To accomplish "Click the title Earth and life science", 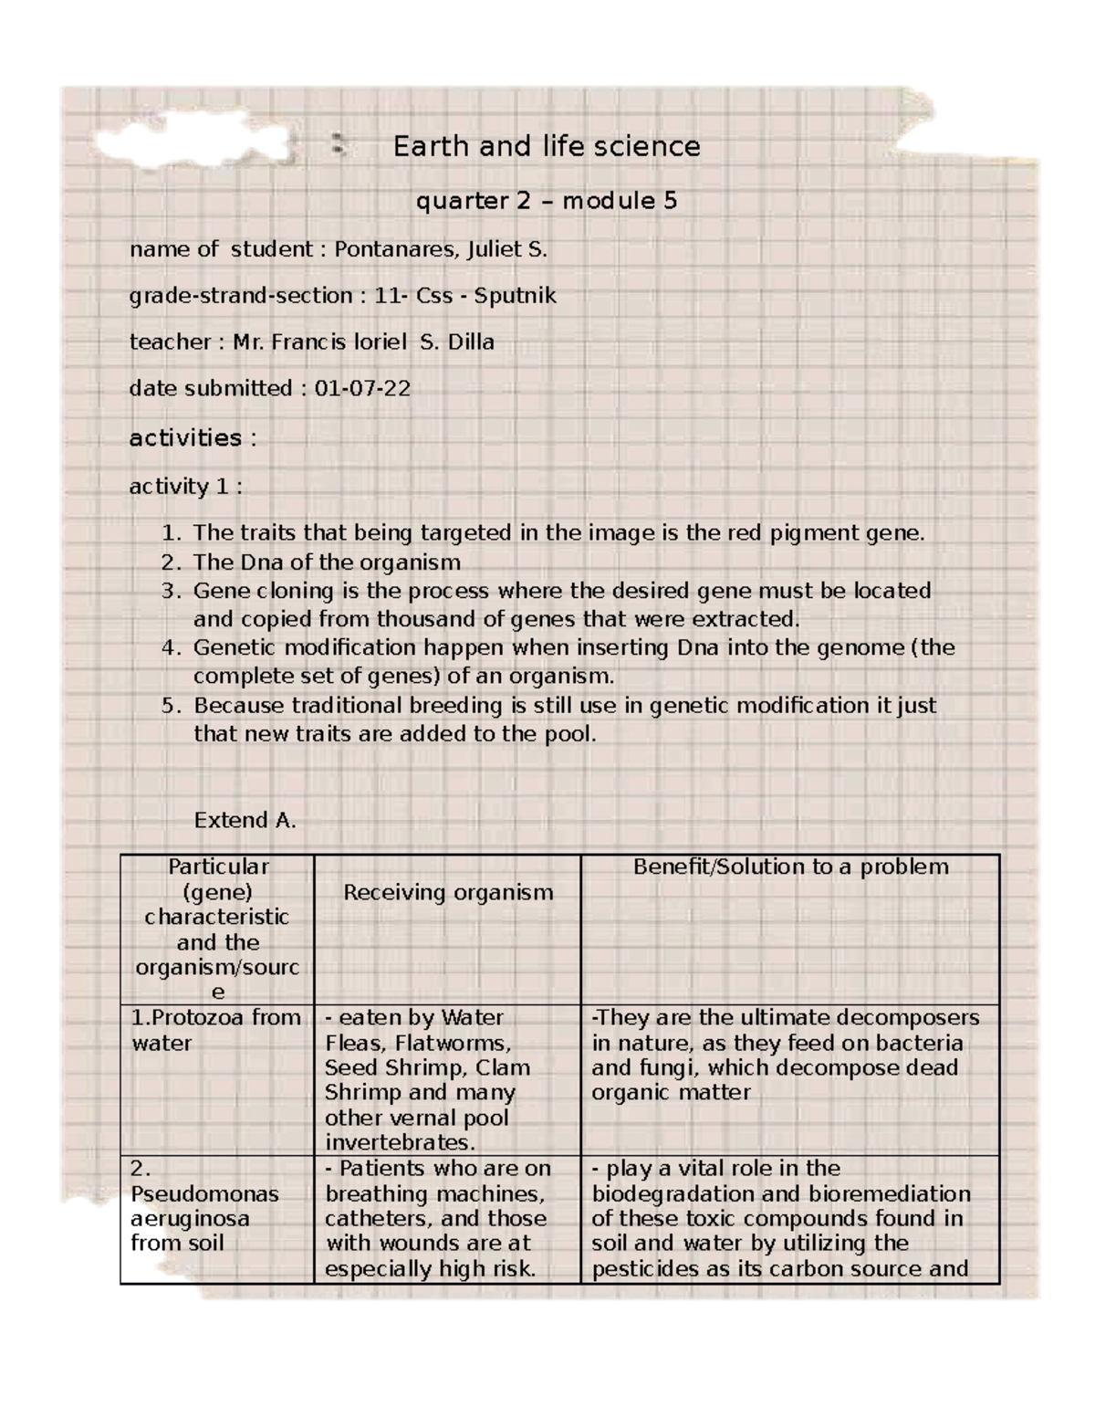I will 546,146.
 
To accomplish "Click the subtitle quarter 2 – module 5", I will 546,201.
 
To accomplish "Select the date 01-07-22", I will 362,389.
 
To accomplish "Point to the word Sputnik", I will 515,296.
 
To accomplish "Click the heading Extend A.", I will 245,820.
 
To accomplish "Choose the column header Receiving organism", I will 448,892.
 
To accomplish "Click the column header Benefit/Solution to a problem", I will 790,867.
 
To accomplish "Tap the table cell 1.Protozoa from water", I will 216,1030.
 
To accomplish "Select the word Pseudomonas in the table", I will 204,1193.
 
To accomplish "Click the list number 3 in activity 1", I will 169,591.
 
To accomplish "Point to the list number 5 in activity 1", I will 169,706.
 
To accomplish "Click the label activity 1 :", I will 185,487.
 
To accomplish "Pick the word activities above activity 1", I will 185,438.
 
